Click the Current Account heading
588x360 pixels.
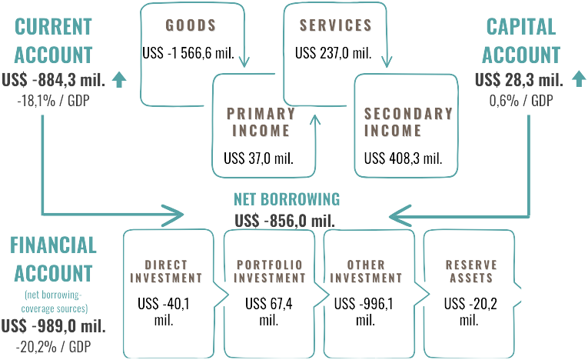click(54, 41)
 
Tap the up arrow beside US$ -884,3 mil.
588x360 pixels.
click(118, 78)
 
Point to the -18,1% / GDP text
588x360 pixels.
click(54, 100)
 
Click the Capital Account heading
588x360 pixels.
click(522, 41)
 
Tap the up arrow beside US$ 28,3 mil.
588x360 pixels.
click(579, 78)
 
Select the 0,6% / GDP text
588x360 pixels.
click(522, 100)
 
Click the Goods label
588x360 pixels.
click(191, 25)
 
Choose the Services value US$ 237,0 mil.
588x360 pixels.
click(334, 54)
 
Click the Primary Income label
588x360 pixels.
click(261, 122)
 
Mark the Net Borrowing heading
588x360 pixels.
click(287, 199)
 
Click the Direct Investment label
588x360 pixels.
click(167, 272)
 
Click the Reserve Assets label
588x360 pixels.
click(470, 272)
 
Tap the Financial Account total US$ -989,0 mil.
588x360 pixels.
click(54, 325)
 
